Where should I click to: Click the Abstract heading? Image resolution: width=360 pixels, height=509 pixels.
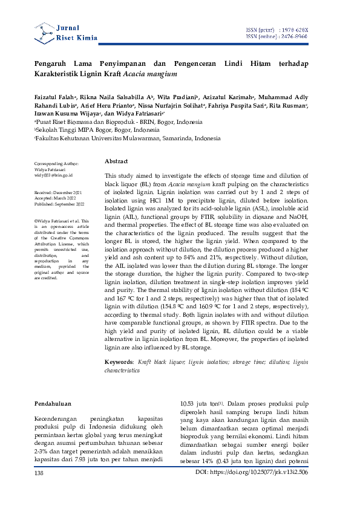pos(116,162)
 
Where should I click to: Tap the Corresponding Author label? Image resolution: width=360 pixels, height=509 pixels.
pos(56,164)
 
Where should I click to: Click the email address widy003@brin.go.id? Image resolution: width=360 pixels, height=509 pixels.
pos(53,175)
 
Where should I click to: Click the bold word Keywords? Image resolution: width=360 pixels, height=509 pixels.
pos(119,361)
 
